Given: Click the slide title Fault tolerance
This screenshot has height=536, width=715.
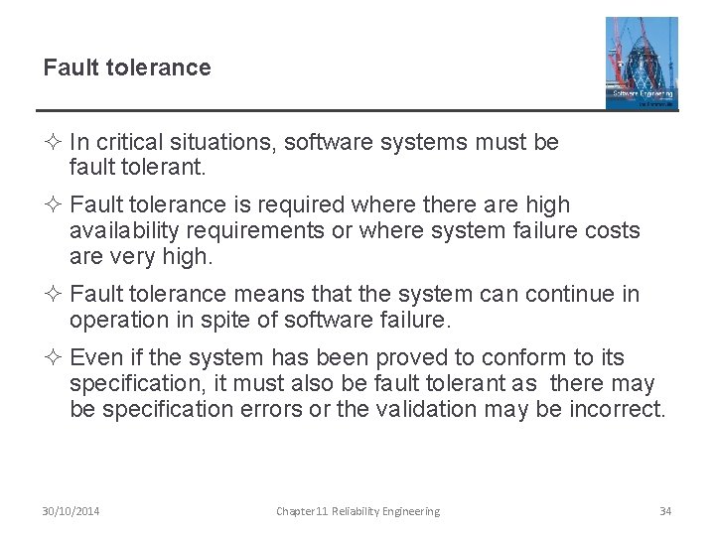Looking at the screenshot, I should click(x=127, y=67).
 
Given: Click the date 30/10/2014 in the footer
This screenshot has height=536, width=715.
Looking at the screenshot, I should click(x=71, y=511).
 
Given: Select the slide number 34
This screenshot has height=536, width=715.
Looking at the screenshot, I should click(x=665, y=511).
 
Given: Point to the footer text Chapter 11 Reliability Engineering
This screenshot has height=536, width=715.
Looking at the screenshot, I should click(x=357, y=511).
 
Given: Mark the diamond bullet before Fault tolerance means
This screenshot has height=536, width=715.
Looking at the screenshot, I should click(x=51, y=295).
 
